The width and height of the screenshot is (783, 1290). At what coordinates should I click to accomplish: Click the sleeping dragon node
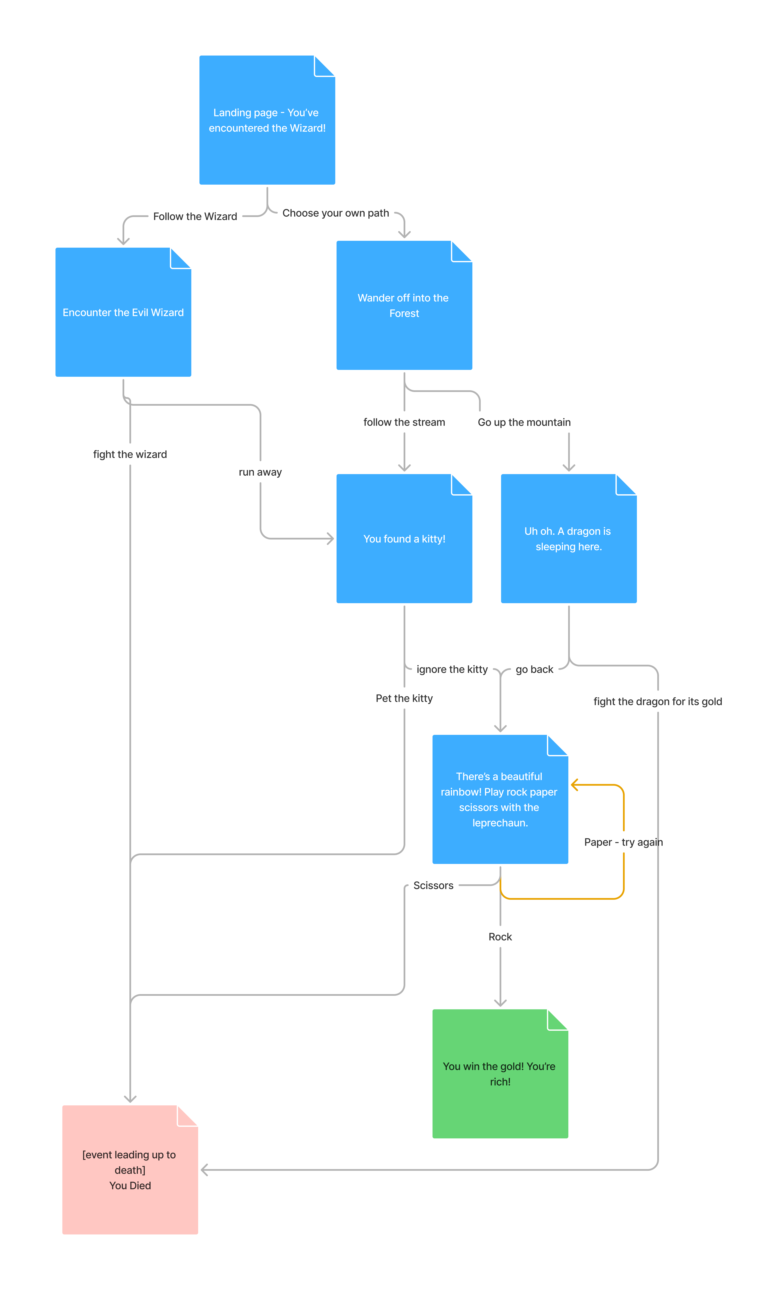pyautogui.click(x=569, y=539)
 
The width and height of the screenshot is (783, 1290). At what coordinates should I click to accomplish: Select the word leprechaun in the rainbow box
pyautogui.click(x=500, y=823)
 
